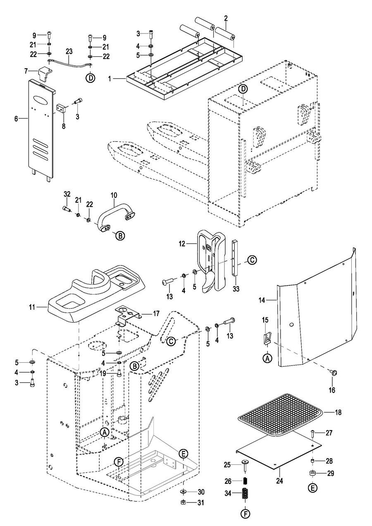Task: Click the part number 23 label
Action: pos(69,51)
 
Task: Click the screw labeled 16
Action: pos(334,373)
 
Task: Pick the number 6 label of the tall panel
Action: pos(17,119)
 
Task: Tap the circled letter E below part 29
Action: pos(312,488)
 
